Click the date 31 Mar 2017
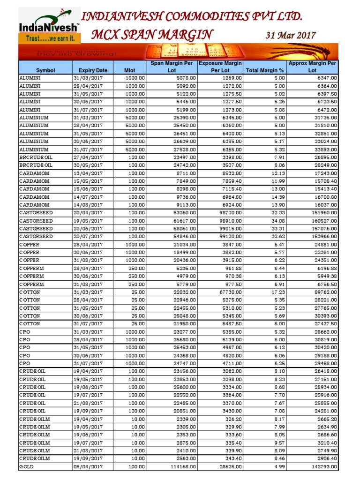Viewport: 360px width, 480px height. point(291,35)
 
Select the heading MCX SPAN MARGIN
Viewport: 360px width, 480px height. point(152,34)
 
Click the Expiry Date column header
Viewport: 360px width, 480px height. point(93,70)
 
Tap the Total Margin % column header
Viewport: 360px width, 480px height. point(265,70)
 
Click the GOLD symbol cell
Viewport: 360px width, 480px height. point(26,467)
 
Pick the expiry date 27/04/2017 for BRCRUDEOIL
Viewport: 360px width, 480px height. point(88,157)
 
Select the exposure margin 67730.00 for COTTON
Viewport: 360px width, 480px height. point(229,292)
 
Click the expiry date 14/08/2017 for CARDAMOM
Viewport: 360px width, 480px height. point(88,205)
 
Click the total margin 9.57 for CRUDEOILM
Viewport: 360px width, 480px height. point(277,442)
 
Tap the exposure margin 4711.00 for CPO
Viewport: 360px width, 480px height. point(231,363)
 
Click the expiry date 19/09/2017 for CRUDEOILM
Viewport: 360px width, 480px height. point(88,458)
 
